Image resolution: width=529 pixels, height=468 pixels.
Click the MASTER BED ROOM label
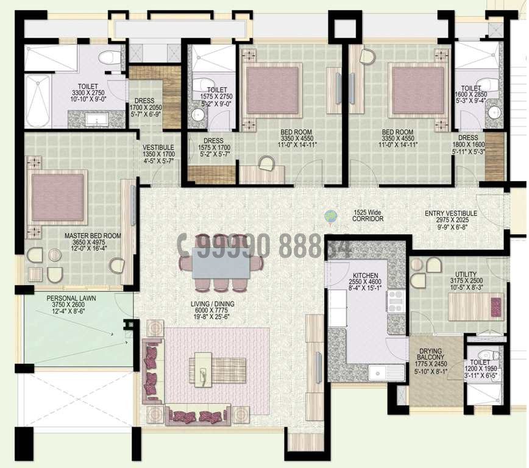pos(93,235)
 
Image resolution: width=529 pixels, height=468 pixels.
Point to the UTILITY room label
pos(466,274)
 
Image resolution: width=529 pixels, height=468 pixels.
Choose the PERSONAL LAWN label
pos(68,299)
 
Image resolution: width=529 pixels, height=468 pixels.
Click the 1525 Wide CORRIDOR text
pos(367,215)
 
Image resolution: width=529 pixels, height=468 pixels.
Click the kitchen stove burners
pos(394,300)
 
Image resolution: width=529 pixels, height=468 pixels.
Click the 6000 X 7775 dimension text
pos(211,311)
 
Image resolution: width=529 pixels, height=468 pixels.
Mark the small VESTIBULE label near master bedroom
pos(158,147)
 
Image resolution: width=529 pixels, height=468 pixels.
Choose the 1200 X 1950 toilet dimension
pos(480,369)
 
